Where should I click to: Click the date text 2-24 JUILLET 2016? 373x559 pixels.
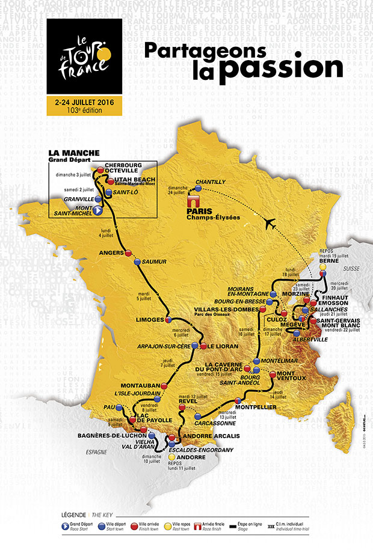point(84,103)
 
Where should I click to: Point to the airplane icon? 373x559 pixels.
point(273,224)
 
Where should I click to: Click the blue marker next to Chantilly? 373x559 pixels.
point(198,188)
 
